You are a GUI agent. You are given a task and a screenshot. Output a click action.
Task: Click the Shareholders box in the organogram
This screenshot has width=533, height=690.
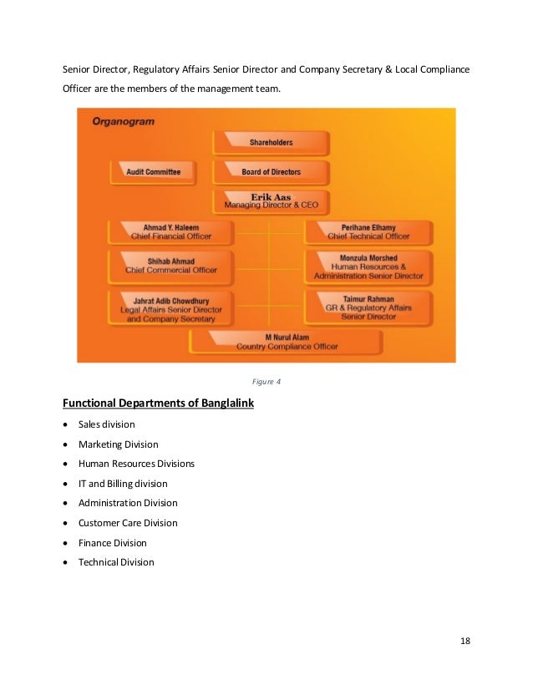click(271, 143)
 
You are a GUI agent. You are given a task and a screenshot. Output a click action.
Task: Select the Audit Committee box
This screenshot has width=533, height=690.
click(153, 172)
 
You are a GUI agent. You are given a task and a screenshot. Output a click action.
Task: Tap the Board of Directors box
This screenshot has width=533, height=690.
click(271, 172)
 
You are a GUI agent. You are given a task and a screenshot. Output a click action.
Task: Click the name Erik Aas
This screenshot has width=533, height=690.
click(271, 197)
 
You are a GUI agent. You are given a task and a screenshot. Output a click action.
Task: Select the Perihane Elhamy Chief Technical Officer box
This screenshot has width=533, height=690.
click(368, 231)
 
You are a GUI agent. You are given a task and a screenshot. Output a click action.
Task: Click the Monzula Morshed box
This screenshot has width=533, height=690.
click(368, 266)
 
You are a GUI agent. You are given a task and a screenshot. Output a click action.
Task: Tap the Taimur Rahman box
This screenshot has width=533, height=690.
click(368, 307)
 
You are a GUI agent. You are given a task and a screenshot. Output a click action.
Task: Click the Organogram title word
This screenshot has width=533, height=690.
click(123, 121)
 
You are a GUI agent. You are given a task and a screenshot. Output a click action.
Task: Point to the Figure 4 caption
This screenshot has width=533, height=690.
click(266, 382)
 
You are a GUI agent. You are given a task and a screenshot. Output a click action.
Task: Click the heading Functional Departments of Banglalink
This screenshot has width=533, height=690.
click(159, 404)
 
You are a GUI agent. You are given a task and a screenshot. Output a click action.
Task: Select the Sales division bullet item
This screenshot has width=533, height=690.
click(106, 424)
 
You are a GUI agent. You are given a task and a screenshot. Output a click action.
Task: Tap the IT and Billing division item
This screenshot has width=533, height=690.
click(123, 484)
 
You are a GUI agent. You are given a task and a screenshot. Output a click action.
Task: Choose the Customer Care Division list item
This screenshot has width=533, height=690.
click(128, 523)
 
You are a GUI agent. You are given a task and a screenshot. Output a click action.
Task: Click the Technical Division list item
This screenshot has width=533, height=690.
click(116, 562)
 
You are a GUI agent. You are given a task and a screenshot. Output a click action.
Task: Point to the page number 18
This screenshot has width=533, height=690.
click(465, 640)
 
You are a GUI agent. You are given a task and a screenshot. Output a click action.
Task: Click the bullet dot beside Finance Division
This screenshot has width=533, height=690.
click(66, 543)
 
